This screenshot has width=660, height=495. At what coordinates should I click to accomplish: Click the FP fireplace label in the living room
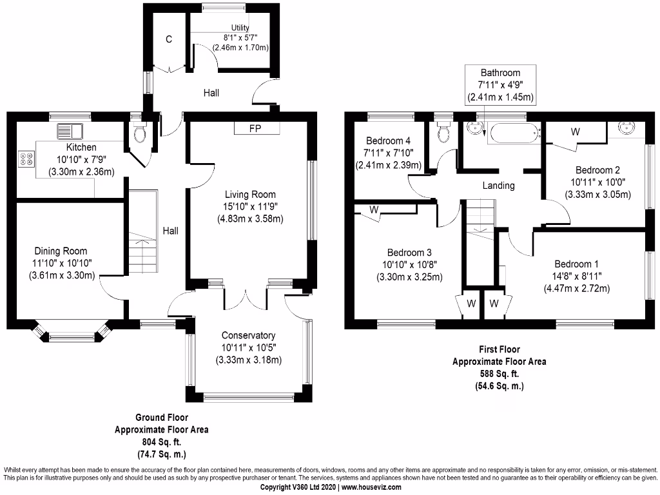click(x=257, y=128)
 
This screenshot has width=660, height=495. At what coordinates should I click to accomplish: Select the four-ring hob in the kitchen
click(x=28, y=159)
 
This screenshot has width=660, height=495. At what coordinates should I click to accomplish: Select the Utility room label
click(x=235, y=28)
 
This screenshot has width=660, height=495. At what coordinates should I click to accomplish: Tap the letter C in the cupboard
click(x=169, y=39)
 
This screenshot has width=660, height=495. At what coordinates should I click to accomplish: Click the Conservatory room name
click(x=248, y=335)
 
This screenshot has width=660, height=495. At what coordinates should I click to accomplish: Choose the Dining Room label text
click(x=61, y=251)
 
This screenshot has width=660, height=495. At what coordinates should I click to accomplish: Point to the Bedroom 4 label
click(x=388, y=141)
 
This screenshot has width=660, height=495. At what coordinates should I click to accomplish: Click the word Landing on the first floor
click(x=498, y=186)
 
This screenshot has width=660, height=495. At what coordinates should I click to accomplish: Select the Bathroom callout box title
click(x=500, y=73)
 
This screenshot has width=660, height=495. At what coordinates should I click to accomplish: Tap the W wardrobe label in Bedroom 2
click(x=576, y=131)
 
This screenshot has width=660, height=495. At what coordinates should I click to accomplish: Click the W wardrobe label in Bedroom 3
click(x=373, y=210)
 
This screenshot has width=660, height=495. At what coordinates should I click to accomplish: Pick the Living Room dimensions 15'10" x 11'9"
click(x=250, y=206)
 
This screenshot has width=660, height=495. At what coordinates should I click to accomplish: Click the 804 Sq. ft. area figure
click(x=161, y=442)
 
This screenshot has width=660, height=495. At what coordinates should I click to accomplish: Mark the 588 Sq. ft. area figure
click(x=499, y=374)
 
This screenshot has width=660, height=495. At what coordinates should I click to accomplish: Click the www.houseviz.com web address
click(x=371, y=488)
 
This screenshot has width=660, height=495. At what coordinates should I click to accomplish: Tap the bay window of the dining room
click(x=71, y=335)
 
